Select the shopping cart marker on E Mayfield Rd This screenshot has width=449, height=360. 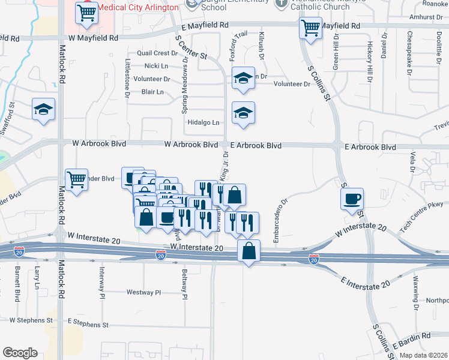coord(310,28)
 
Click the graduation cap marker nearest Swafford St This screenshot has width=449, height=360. coord(43,109)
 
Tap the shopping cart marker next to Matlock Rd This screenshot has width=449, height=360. coord(77,179)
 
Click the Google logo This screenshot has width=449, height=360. coord(20,353)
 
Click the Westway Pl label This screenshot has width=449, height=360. coord(144,293)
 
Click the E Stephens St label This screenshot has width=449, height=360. coord(88,324)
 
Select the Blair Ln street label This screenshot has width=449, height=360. coord(152,92)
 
